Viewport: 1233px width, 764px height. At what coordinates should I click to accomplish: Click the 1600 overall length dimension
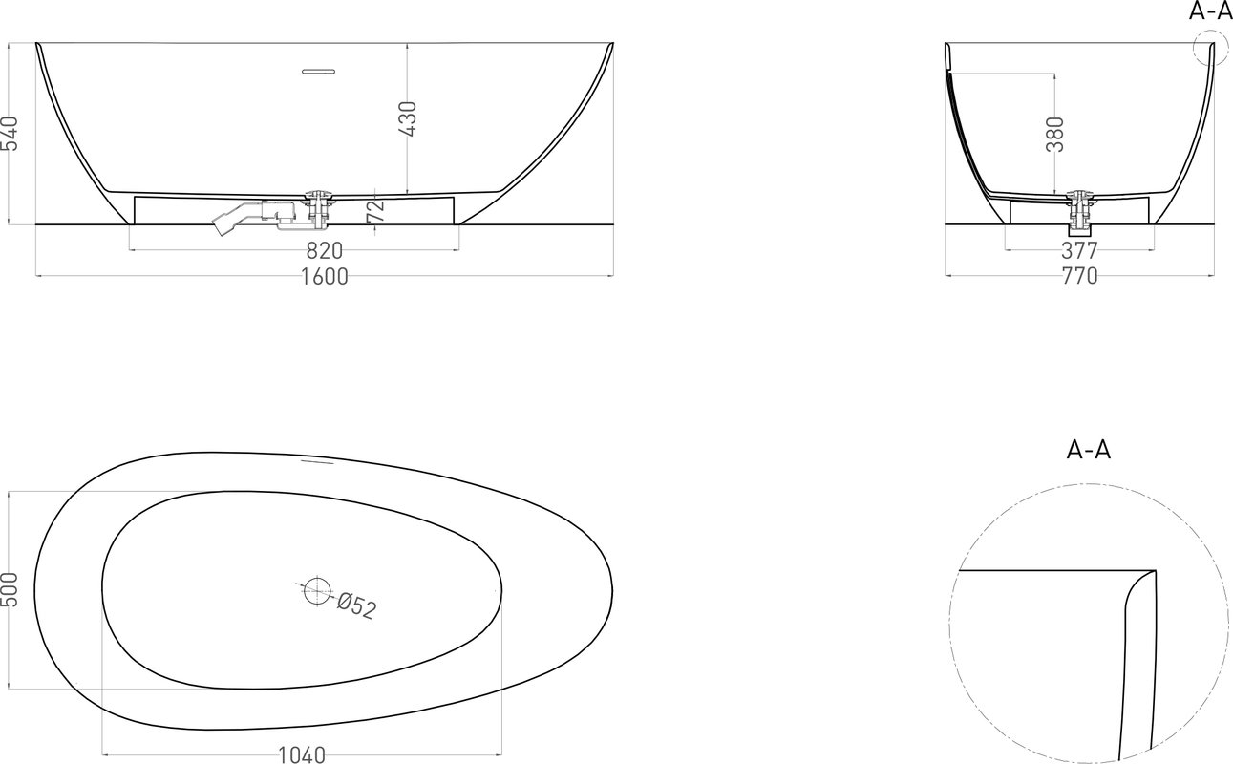pyautogui.click(x=324, y=276)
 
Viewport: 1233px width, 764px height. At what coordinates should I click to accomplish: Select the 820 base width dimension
pyautogui.click(x=324, y=251)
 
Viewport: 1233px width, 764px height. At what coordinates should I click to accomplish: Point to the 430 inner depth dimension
pyautogui.click(x=408, y=118)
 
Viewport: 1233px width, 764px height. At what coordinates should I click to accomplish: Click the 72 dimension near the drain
pyautogui.click(x=375, y=211)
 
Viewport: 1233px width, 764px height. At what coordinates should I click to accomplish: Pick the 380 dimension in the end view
pyautogui.click(x=1055, y=135)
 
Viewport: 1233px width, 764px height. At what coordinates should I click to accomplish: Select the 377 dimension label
pyautogui.click(x=1079, y=251)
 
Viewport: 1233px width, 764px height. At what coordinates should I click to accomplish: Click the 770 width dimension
pyautogui.click(x=1079, y=276)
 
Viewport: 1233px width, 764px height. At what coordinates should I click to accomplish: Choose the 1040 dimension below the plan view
pyautogui.click(x=302, y=755)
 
